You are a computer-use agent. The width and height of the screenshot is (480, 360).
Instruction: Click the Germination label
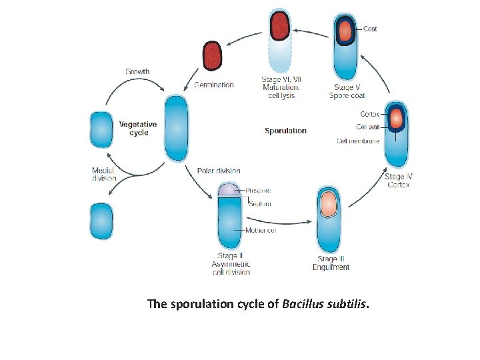pyautogui.click(x=213, y=85)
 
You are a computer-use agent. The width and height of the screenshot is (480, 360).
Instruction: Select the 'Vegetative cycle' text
pyautogui.click(x=138, y=128)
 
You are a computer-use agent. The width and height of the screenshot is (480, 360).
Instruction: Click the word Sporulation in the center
pyautogui.click(x=285, y=131)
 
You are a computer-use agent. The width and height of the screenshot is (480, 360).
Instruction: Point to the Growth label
pyautogui.click(x=137, y=71)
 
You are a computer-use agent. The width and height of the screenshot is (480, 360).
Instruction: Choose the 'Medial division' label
pyautogui.click(x=104, y=174)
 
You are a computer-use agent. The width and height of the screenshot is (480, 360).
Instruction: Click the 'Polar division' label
pyautogui.click(x=219, y=171)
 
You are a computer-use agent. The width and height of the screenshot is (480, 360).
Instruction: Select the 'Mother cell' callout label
pyautogui.click(x=260, y=231)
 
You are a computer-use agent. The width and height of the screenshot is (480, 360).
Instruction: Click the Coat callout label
pyautogui.click(x=370, y=29)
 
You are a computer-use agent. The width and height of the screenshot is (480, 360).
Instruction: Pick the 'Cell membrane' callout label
pyautogui.click(x=358, y=141)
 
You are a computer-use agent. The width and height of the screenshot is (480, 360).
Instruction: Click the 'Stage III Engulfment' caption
pyautogui.click(x=331, y=263)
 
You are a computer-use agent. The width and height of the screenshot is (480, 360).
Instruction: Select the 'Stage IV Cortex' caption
pyautogui.click(x=399, y=180)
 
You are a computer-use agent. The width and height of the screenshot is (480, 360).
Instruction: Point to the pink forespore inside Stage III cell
pyautogui.click(x=329, y=205)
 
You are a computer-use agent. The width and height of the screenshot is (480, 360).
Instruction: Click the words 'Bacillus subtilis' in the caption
pyautogui.click(x=324, y=304)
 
